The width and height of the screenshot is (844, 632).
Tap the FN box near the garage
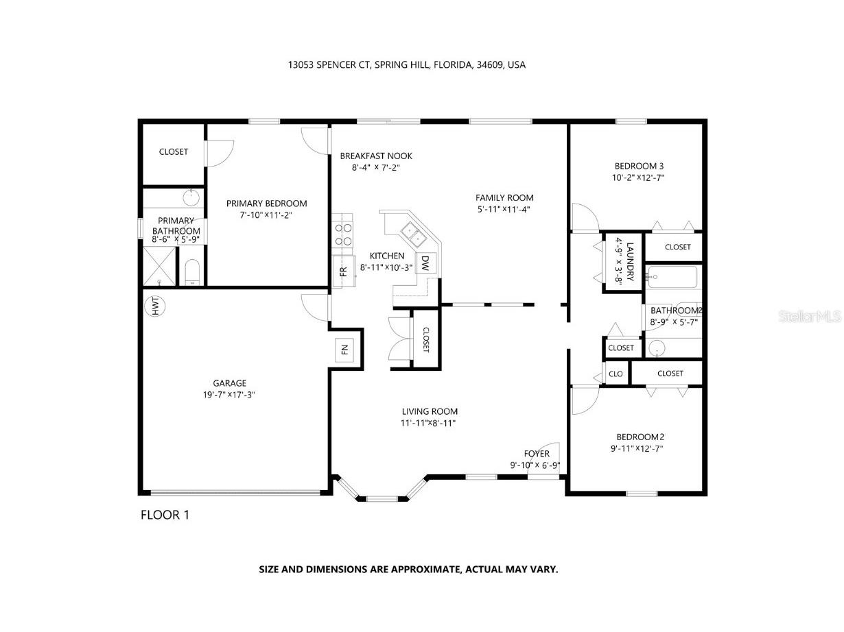click(344, 350)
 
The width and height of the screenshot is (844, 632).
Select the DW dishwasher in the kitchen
click(425, 263)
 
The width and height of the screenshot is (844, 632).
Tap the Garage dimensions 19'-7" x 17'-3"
click(229, 395)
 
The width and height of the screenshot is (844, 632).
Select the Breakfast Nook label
click(376, 156)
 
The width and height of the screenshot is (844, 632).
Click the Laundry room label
click(630, 263)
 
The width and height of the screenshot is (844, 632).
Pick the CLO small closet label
click(616, 374)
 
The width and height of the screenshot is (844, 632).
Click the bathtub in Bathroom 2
click(673, 278)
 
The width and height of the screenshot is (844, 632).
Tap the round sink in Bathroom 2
click(657, 348)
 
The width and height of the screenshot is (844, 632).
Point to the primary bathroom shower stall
click(159, 267)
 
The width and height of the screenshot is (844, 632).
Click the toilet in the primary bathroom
click(193, 272)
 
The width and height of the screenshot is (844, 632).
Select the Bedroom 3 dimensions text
click(639, 178)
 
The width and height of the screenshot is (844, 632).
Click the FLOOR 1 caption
click(165, 515)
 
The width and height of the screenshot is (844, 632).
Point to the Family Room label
click(504, 198)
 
